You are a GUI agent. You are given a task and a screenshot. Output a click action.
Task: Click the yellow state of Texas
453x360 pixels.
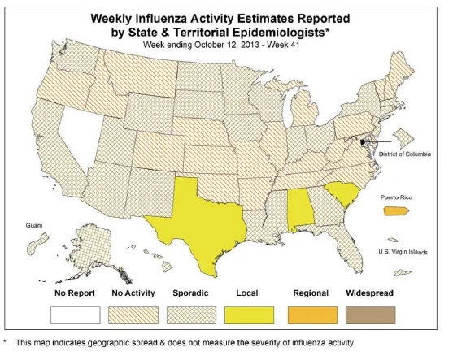point(203,219)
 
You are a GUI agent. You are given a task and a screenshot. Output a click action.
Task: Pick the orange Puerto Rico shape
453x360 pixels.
point(396,211)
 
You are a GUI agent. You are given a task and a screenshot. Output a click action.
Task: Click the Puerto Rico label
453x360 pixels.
point(396,197)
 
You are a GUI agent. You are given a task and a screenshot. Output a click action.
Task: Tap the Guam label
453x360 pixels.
point(34,225)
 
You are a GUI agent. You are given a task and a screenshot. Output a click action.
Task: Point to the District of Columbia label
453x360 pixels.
point(405,154)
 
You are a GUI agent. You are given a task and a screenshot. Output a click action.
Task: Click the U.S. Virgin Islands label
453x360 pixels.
point(403,252)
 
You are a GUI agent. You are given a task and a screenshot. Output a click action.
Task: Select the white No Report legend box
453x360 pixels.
point(76,315)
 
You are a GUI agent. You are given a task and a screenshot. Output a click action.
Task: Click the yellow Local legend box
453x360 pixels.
point(250,315)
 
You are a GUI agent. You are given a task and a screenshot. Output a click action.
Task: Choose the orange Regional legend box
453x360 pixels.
point(312,315)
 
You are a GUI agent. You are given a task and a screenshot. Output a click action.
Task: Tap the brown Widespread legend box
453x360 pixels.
point(371,315)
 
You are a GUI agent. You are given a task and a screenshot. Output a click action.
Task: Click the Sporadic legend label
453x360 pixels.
point(190,293)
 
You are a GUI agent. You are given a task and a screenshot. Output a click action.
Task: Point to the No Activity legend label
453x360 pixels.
point(133,293)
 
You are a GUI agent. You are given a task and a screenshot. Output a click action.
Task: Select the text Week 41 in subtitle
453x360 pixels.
point(283,45)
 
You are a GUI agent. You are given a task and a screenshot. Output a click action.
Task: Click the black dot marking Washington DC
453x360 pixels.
point(363,142)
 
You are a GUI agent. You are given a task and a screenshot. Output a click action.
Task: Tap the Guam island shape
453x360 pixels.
point(37,244)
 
